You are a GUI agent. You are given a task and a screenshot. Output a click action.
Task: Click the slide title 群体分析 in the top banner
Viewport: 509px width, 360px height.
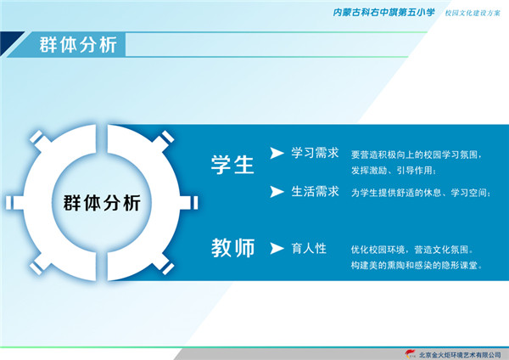pyautogui.click(x=78, y=44)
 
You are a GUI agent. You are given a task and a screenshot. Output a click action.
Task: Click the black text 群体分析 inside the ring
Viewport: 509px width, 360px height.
pyautogui.click(x=102, y=203)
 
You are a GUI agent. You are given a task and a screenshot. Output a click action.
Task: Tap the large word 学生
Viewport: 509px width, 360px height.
pyautogui.click(x=232, y=165)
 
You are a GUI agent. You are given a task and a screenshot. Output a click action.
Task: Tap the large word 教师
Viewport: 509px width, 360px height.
pyautogui.click(x=233, y=248)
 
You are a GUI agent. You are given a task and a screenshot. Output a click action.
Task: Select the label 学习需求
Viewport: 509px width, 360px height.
pyautogui.click(x=315, y=153)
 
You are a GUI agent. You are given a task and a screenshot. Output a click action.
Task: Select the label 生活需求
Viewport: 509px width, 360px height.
pyautogui.click(x=315, y=191)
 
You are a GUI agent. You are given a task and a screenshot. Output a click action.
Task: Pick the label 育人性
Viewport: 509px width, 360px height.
pyautogui.click(x=309, y=249)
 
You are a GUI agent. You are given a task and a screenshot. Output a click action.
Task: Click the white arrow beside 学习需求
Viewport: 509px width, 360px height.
pyautogui.click(x=277, y=153)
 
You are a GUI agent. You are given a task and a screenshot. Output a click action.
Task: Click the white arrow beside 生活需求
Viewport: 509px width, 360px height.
pyautogui.click(x=277, y=192)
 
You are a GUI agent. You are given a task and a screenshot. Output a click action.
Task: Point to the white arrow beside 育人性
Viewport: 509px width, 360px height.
pyautogui.click(x=277, y=249)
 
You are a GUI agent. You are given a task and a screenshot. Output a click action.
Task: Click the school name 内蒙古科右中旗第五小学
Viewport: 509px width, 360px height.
pyautogui.click(x=383, y=13)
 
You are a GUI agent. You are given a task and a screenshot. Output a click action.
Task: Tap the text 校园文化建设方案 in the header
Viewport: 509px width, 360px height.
pyautogui.click(x=473, y=13)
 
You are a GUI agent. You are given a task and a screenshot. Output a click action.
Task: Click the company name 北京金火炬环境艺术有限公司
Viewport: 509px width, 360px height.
pyautogui.click(x=460, y=354)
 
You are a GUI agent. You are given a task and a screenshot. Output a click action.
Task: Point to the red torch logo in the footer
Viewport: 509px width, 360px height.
pyautogui.click(x=411, y=354)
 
